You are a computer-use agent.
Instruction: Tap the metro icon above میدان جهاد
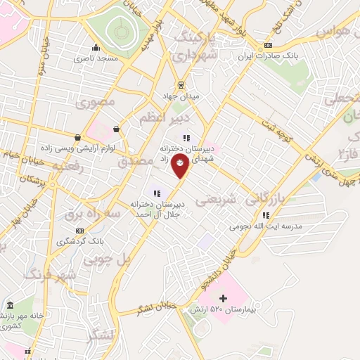pyautogui.click(x=181, y=85)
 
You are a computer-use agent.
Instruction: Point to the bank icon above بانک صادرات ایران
pyautogui.click(x=267, y=46)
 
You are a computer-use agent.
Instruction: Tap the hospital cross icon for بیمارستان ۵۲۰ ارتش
pyautogui.click(x=224, y=299)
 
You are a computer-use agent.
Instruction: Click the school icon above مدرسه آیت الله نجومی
pyautogui.click(x=265, y=216)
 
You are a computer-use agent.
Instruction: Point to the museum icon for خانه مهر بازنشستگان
pyautogui.click(x=9, y=306)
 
